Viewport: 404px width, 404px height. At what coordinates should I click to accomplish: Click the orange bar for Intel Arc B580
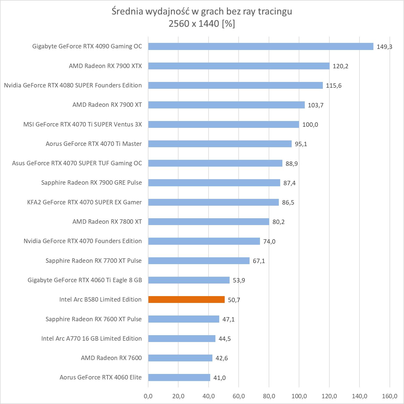pos(186,300)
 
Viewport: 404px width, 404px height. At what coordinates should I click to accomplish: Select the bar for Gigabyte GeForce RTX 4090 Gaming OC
pos(261,46)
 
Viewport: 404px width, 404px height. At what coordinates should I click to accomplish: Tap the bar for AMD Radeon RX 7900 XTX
pos(239,66)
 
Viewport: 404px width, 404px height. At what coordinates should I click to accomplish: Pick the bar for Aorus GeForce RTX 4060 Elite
pos(179,378)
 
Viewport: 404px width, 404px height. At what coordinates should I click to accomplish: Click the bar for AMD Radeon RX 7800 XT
pos(209,222)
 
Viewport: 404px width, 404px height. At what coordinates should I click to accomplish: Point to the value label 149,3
pos(384,47)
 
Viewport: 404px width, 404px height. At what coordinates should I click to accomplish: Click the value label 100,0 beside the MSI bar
pos(310,125)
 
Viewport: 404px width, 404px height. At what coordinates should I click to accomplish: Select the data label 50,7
pos(234,300)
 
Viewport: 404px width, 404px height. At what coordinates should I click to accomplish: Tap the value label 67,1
pos(259,261)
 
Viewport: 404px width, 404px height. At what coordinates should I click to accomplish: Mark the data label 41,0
pos(219,378)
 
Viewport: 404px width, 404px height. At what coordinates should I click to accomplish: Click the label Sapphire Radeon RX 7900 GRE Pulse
pos(92,182)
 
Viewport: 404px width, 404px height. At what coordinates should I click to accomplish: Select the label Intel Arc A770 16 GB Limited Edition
pos(92,338)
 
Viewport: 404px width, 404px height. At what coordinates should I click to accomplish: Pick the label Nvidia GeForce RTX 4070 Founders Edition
pos(83,241)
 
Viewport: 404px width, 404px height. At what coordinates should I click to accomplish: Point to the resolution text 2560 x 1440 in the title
pos(194,24)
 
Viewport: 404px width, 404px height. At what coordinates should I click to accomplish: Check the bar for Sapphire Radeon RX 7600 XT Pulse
pos(184,319)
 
